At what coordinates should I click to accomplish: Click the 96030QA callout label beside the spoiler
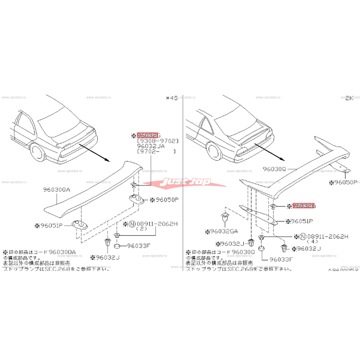point(56,190)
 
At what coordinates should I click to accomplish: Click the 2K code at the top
point(349,98)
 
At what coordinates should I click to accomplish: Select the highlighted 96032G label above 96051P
point(304,206)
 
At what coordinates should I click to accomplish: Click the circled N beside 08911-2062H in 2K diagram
point(302,236)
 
